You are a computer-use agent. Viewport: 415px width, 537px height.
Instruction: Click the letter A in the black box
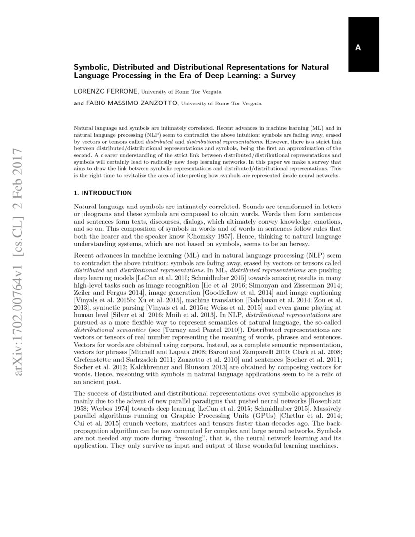point(358,47)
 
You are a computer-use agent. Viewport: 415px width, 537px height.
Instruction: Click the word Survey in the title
point(282,76)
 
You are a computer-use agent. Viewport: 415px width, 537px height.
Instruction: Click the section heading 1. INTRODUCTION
point(103,193)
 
